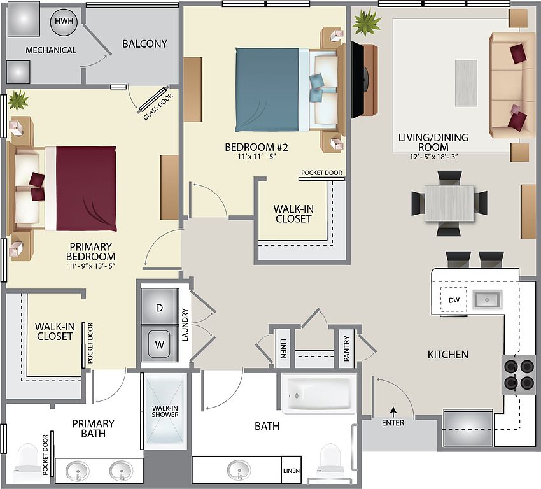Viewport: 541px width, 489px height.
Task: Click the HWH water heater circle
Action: (64, 22)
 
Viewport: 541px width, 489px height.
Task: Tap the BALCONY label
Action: (144, 44)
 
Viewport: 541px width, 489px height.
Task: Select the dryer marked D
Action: (159, 306)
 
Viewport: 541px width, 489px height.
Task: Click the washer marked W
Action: (159, 344)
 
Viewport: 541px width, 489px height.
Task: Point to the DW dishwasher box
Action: (454, 300)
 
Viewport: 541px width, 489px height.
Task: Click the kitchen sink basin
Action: (486, 299)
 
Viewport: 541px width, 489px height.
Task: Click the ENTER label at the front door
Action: (393, 422)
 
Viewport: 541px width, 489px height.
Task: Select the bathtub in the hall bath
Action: (319, 394)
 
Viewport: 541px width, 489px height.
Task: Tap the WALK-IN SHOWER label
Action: (165, 411)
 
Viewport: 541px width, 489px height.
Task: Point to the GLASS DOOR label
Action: (158, 107)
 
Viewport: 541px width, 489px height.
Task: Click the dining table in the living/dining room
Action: (449, 203)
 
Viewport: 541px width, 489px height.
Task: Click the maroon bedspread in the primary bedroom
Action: (87, 188)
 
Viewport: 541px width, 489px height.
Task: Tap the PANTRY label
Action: (346, 348)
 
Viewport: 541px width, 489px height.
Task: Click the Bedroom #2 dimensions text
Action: (256, 157)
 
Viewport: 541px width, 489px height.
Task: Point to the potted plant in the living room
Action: (366, 22)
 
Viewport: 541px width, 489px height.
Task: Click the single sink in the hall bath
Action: (239, 470)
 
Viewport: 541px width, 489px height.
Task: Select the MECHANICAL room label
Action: (51, 50)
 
